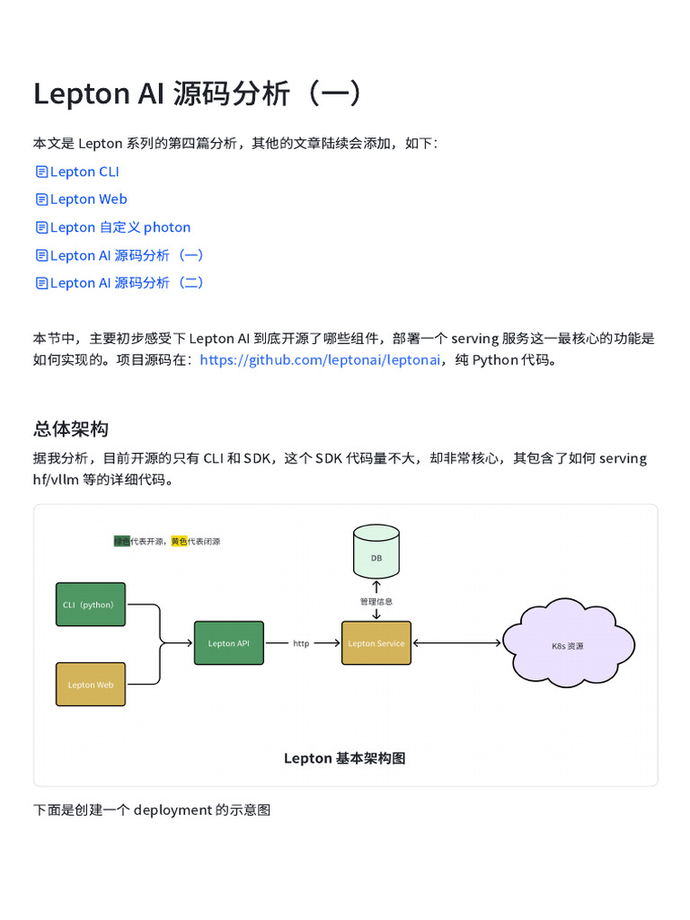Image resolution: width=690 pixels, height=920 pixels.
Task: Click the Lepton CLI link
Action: tap(84, 172)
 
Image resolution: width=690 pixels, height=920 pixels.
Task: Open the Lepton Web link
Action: tap(88, 199)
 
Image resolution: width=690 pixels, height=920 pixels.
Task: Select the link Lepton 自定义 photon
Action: tap(120, 227)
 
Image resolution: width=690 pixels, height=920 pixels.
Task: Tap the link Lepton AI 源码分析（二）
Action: tap(128, 283)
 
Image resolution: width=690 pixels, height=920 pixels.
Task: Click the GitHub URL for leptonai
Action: tap(320, 360)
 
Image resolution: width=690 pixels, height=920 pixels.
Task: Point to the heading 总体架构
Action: tap(71, 429)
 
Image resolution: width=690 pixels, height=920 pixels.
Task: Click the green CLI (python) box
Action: tap(91, 605)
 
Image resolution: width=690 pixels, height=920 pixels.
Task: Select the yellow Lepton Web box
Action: tap(91, 685)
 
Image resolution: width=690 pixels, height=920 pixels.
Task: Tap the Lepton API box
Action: tap(229, 643)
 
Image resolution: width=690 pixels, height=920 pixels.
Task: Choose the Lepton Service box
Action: tap(376, 643)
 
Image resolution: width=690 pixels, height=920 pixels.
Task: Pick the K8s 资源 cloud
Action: tap(568, 645)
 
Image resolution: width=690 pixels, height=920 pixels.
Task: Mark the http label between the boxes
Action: tap(301, 643)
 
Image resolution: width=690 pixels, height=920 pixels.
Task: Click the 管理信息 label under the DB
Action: tap(376, 601)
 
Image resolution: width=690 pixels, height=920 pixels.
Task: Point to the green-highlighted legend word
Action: tap(121, 542)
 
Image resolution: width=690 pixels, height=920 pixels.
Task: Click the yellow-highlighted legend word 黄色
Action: tap(179, 542)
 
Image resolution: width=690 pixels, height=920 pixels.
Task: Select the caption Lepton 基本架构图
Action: tap(345, 758)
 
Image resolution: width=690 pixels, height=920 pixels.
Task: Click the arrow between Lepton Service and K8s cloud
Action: tap(456, 643)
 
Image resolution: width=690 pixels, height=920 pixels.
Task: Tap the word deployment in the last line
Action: tap(172, 810)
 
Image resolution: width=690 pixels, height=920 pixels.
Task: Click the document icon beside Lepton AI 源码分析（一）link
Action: tap(41, 255)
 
